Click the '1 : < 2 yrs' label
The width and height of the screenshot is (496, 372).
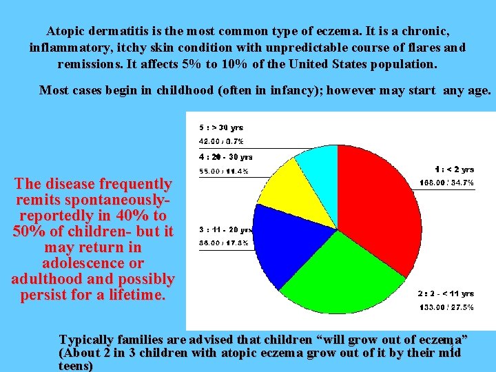(454, 169)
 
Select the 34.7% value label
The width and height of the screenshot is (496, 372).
(446, 183)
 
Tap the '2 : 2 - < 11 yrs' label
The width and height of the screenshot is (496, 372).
(446, 293)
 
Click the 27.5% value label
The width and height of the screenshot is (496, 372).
(446, 307)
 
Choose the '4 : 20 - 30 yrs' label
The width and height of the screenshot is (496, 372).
(226, 157)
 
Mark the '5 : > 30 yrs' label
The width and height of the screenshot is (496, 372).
(221, 127)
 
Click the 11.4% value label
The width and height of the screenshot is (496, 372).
(224, 171)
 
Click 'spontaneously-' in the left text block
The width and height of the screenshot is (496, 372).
(93, 200)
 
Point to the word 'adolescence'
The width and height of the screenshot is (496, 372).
(92, 263)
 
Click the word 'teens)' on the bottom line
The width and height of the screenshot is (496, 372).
(76, 366)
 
